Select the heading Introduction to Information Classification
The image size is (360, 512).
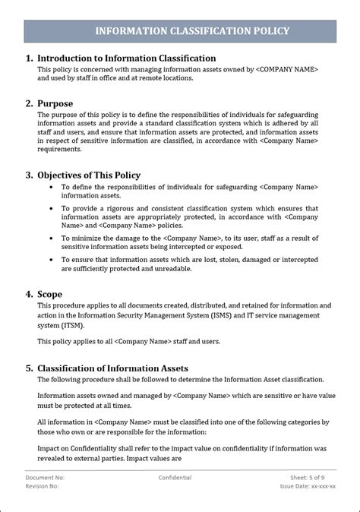[x=126, y=58]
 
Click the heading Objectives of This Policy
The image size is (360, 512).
[x=89, y=175]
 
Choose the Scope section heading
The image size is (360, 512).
[x=49, y=294]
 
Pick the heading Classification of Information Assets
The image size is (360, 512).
[x=112, y=368]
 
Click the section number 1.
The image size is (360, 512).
[x=28, y=58]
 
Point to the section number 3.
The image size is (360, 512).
[x=28, y=175]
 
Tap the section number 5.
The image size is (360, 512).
[x=28, y=368]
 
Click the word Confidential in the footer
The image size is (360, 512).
[x=175, y=478]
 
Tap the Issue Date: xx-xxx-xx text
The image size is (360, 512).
[x=308, y=486]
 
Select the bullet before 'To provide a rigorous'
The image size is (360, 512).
[x=52, y=208]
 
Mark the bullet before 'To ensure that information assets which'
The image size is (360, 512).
[x=52, y=260]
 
